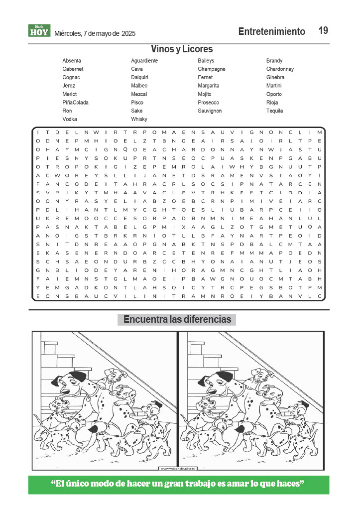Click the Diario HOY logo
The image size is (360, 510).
coord(39,31)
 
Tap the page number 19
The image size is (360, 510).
coord(323,30)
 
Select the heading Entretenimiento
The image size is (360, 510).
coord(271,31)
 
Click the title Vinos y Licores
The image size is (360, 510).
coord(182,49)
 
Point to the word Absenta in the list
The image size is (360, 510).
coord(72,61)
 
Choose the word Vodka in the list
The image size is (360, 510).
coord(70,120)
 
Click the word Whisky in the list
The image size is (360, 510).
coord(139,120)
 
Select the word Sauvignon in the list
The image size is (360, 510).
coord(210,111)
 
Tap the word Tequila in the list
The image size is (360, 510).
coord(275,111)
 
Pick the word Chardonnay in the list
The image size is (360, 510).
coord(280,69)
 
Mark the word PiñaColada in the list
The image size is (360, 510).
coord(75,103)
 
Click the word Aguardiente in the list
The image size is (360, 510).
coord(144,61)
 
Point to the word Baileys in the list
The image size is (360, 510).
coord(206,61)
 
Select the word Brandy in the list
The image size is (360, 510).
coord(274,61)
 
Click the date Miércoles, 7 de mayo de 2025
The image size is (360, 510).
coord(95,33)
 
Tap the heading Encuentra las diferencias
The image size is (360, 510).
coord(177,319)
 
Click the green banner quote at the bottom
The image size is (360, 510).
coord(178,484)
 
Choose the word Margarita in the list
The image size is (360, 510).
coord(208,86)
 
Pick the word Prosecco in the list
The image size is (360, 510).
coord(208,103)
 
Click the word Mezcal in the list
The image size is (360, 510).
coord(139,94)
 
